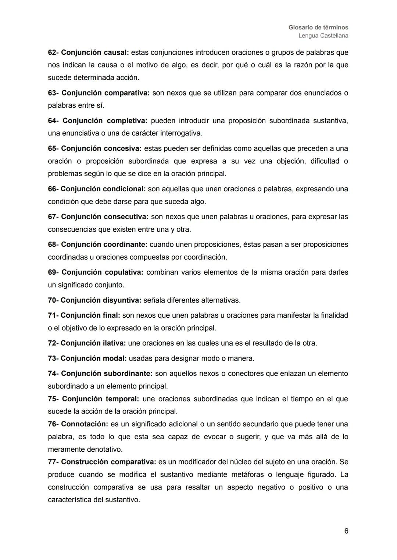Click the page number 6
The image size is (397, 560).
tap(346, 531)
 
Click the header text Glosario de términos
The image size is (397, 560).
tap(318, 28)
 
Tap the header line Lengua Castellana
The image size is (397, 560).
tap(323, 36)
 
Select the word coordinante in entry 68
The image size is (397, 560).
tap(125, 245)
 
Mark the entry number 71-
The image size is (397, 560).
tap(53, 315)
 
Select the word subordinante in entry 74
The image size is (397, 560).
tap(128, 373)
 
